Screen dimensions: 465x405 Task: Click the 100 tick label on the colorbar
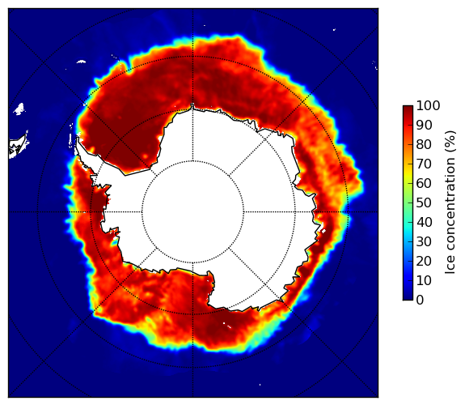click(x=428, y=105)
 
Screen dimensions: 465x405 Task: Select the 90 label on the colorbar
click(x=424, y=125)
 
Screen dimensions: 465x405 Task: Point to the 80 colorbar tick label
click(x=424, y=145)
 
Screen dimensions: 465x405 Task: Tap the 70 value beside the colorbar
click(x=424, y=164)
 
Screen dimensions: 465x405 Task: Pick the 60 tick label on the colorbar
click(x=424, y=183)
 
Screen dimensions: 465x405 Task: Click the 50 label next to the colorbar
click(x=424, y=203)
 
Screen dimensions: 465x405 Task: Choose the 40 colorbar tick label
click(x=424, y=222)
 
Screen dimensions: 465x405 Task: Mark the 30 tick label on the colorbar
click(x=424, y=242)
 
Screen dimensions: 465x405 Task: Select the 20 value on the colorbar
click(x=424, y=261)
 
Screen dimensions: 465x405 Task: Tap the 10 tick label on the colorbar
click(x=424, y=280)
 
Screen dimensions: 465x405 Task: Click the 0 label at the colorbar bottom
click(x=421, y=301)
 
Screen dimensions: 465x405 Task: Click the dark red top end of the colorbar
click(x=408, y=108)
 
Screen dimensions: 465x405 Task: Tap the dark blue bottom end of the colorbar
click(x=408, y=298)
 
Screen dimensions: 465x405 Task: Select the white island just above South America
click(x=19, y=109)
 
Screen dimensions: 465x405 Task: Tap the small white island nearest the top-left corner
click(x=81, y=62)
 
